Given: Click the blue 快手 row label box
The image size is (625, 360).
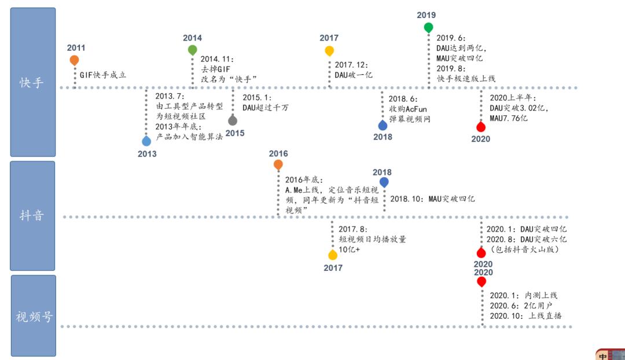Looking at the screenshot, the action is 32,82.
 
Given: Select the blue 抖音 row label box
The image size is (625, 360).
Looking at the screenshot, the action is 32,216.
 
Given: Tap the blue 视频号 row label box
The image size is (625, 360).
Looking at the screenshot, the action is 34,316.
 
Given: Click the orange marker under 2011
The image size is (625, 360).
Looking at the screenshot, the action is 74,60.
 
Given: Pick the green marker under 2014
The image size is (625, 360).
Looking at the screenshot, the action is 193,50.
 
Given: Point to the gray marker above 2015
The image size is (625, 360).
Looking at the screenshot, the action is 233,120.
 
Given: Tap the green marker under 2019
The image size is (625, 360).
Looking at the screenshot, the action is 428,28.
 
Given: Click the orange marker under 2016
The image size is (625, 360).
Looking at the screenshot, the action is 278,164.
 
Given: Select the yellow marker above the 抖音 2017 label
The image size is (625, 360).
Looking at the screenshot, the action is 333,255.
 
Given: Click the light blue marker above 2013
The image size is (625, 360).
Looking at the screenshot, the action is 146,141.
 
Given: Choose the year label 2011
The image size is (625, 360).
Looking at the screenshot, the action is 76,48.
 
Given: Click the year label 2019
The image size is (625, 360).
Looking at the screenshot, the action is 427,15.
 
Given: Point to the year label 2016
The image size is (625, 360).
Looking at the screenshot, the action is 278,153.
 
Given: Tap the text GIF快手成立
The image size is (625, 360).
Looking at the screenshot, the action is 103,75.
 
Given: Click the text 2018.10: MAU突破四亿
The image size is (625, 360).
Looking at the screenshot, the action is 432,199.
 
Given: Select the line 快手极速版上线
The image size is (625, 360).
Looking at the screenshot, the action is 466,79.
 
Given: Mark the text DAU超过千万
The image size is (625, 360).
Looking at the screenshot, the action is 266,108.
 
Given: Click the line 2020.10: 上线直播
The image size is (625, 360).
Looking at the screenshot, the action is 525,316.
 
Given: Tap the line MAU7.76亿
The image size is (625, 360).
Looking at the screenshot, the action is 509,118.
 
